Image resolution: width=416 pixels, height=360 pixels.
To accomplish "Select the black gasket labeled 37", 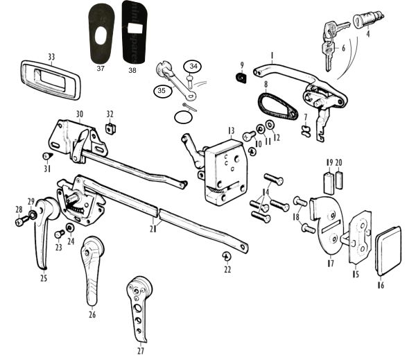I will [102, 33].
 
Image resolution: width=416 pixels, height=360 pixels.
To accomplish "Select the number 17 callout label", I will [330, 264].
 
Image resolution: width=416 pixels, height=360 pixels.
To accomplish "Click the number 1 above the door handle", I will [272, 54].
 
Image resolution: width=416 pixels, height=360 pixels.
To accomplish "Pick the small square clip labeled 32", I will [109, 128].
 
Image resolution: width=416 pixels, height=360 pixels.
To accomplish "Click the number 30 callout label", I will [79, 114].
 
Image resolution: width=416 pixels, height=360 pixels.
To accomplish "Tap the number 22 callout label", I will [227, 269].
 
